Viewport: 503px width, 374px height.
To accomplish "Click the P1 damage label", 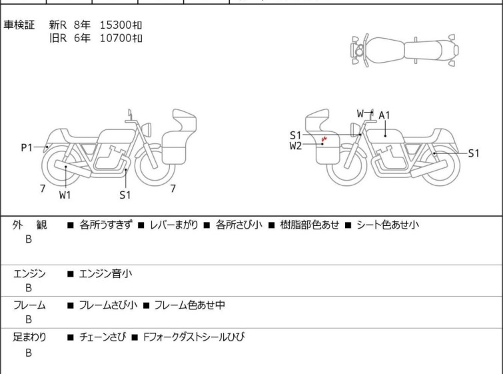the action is [27, 148].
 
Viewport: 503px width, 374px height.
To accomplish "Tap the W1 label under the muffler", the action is [65, 195].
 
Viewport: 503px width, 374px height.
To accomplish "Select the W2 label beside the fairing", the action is [295, 146].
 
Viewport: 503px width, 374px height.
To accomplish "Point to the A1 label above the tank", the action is [384, 115].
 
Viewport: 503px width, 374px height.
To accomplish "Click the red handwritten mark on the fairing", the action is [324, 139].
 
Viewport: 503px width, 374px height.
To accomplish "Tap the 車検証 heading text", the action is [19, 25].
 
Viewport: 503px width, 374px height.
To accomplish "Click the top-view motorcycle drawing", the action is [404, 51].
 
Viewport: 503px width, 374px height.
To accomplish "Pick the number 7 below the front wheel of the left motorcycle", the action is [173, 189].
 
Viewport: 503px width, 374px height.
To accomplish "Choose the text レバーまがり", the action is [174, 225].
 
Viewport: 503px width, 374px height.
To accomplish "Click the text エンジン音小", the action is [105, 274].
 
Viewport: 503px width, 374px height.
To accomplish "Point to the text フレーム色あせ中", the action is [189, 305].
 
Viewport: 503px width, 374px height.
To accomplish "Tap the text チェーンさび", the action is [103, 337].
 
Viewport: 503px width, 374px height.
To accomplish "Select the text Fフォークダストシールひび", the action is [193, 337].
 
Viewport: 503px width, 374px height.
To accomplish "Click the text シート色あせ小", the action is [388, 225].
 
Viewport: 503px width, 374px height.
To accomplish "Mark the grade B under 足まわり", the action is [29, 353].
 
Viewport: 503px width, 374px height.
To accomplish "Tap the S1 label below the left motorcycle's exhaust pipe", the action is [125, 195].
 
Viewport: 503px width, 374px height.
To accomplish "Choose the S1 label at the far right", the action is [474, 153].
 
